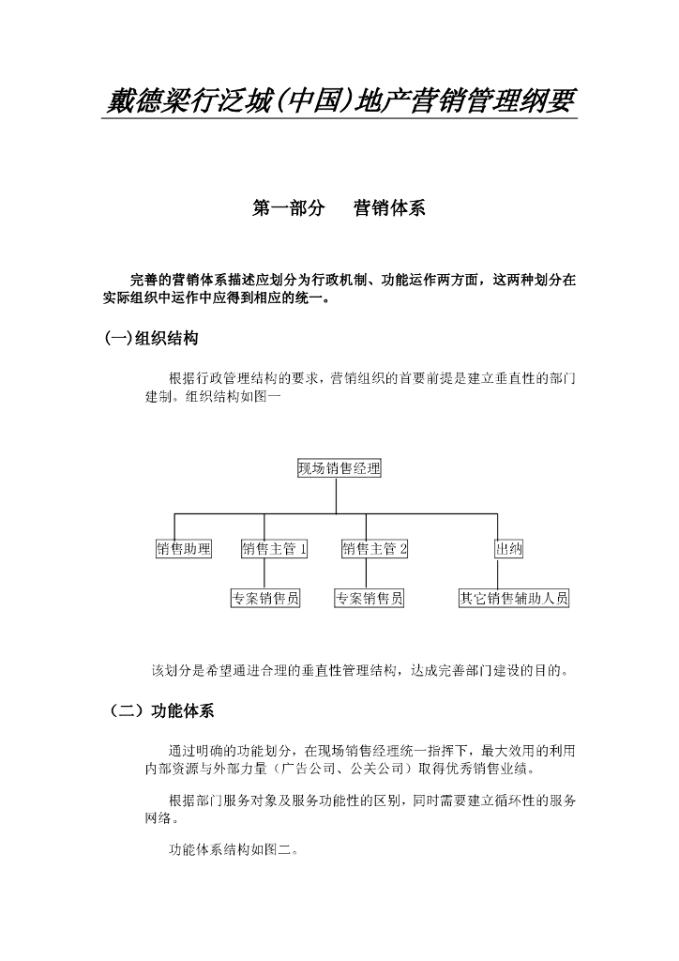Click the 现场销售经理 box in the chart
pos(339,468)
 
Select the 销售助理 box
pos(184,549)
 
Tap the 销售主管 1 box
pos(275,549)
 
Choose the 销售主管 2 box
pos(374,549)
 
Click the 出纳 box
pos(508,549)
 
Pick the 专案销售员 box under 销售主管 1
pos(265,598)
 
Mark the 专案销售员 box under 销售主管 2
pos(369,598)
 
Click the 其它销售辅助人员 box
pos(513,598)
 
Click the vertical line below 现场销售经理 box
pos(336,496)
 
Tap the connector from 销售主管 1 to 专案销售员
pos(264,573)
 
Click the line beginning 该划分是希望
pos(359,670)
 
